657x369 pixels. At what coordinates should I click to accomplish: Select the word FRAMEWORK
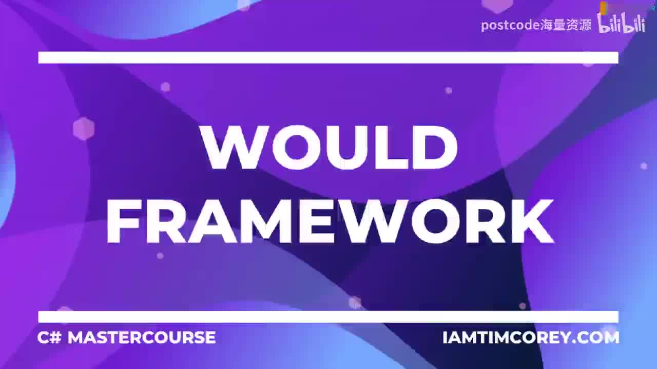(330, 221)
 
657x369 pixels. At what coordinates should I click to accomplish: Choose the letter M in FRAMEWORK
(267, 221)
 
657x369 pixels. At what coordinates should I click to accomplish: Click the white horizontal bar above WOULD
(328, 57)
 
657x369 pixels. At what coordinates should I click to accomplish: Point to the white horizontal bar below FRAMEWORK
(328, 316)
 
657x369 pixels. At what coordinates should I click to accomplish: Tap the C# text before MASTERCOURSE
(49, 337)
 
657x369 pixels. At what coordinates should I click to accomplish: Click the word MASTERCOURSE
(142, 337)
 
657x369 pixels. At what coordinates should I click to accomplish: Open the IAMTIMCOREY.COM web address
(531, 337)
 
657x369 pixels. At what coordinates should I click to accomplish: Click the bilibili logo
(622, 24)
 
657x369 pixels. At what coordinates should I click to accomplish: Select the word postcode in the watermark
(510, 25)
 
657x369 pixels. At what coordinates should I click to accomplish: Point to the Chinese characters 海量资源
(566, 25)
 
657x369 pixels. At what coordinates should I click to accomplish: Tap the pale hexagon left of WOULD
(84, 129)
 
